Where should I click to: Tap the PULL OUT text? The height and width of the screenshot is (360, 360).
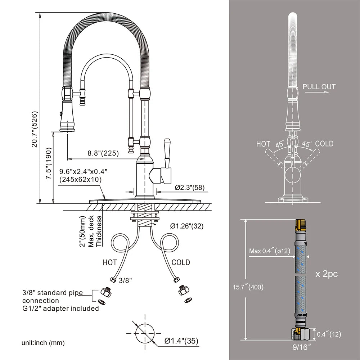(319, 87)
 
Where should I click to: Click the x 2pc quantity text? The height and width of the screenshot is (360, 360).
(327, 274)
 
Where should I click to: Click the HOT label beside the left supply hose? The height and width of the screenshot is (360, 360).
(110, 262)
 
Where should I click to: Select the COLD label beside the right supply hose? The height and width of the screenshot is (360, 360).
(181, 262)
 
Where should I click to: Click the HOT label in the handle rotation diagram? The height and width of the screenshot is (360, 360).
(263, 144)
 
